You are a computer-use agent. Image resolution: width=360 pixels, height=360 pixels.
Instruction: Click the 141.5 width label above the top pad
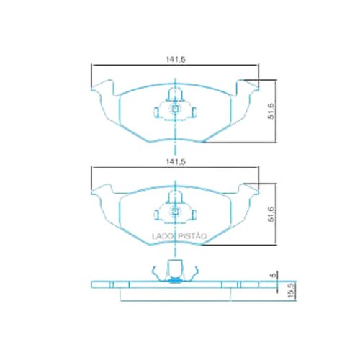(176, 59)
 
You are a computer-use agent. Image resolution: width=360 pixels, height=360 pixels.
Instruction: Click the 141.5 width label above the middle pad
(176, 162)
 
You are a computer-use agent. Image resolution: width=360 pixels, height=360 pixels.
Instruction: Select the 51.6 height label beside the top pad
(271, 111)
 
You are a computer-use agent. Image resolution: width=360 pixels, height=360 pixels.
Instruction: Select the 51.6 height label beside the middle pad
(271, 214)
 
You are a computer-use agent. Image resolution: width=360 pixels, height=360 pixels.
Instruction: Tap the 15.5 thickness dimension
(291, 290)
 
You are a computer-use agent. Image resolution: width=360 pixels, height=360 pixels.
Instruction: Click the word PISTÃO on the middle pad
(192, 236)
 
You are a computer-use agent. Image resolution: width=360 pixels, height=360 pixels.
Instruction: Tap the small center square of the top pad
(176, 109)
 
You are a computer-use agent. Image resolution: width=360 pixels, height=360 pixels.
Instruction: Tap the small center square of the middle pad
(176, 211)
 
